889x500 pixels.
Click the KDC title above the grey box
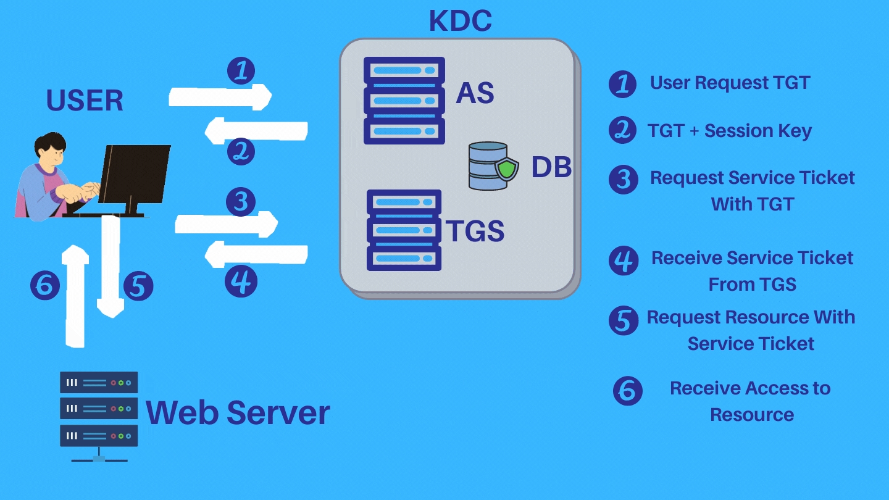point(460,20)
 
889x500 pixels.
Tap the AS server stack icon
point(404,101)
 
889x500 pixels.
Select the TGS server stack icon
point(404,230)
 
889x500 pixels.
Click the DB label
point(551,167)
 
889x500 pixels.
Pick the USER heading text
point(85,101)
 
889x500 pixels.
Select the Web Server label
point(238,412)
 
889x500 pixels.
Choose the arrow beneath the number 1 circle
point(220,97)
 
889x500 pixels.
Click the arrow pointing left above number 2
point(256,131)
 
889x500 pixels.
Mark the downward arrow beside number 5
point(111,265)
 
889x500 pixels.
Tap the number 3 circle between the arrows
point(241,201)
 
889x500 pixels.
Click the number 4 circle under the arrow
point(241,281)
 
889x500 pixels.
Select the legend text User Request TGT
point(730,83)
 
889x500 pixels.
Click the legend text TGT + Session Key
point(729,131)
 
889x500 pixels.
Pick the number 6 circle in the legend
point(627,391)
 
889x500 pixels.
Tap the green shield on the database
point(507,169)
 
